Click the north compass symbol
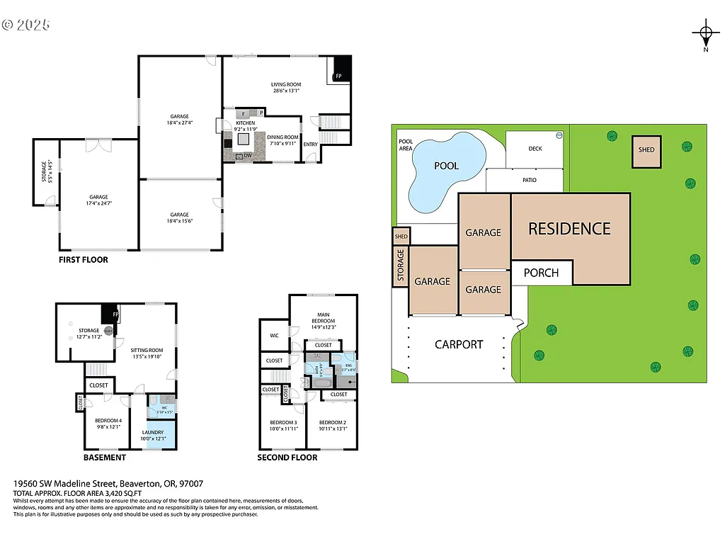click(x=705, y=33)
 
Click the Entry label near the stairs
click(x=310, y=144)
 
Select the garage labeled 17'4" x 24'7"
click(x=98, y=200)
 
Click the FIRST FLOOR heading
click(x=84, y=260)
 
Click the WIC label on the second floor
click(x=274, y=336)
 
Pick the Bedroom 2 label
click(x=333, y=425)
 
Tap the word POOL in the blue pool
click(x=446, y=166)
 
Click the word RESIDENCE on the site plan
click(x=569, y=229)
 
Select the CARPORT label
click(x=459, y=345)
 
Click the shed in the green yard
click(x=646, y=150)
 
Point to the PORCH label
click(x=541, y=273)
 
